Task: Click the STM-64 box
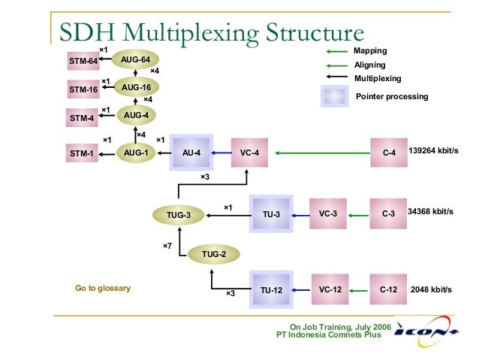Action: click(x=84, y=61)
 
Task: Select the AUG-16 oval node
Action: click(x=136, y=88)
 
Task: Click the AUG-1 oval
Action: click(x=136, y=153)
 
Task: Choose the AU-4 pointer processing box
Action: click(x=191, y=153)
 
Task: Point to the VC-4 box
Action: click(x=249, y=153)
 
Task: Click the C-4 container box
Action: click(x=388, y=153)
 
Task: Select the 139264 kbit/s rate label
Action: click(x=433, y=151)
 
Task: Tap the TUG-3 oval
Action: click(x=179, y=216)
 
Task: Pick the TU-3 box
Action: click(x=271, y=215)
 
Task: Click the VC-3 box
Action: click(x=328, y=214)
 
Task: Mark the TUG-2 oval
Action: click(x=213, y=255)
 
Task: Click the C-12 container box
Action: click(x=388, y=289)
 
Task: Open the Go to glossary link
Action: click(x=103, y=288)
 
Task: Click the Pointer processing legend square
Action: click(x=334, y=96)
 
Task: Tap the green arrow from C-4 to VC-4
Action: click(x=323, y=153)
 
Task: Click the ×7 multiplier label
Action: click(x=167, y=246)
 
